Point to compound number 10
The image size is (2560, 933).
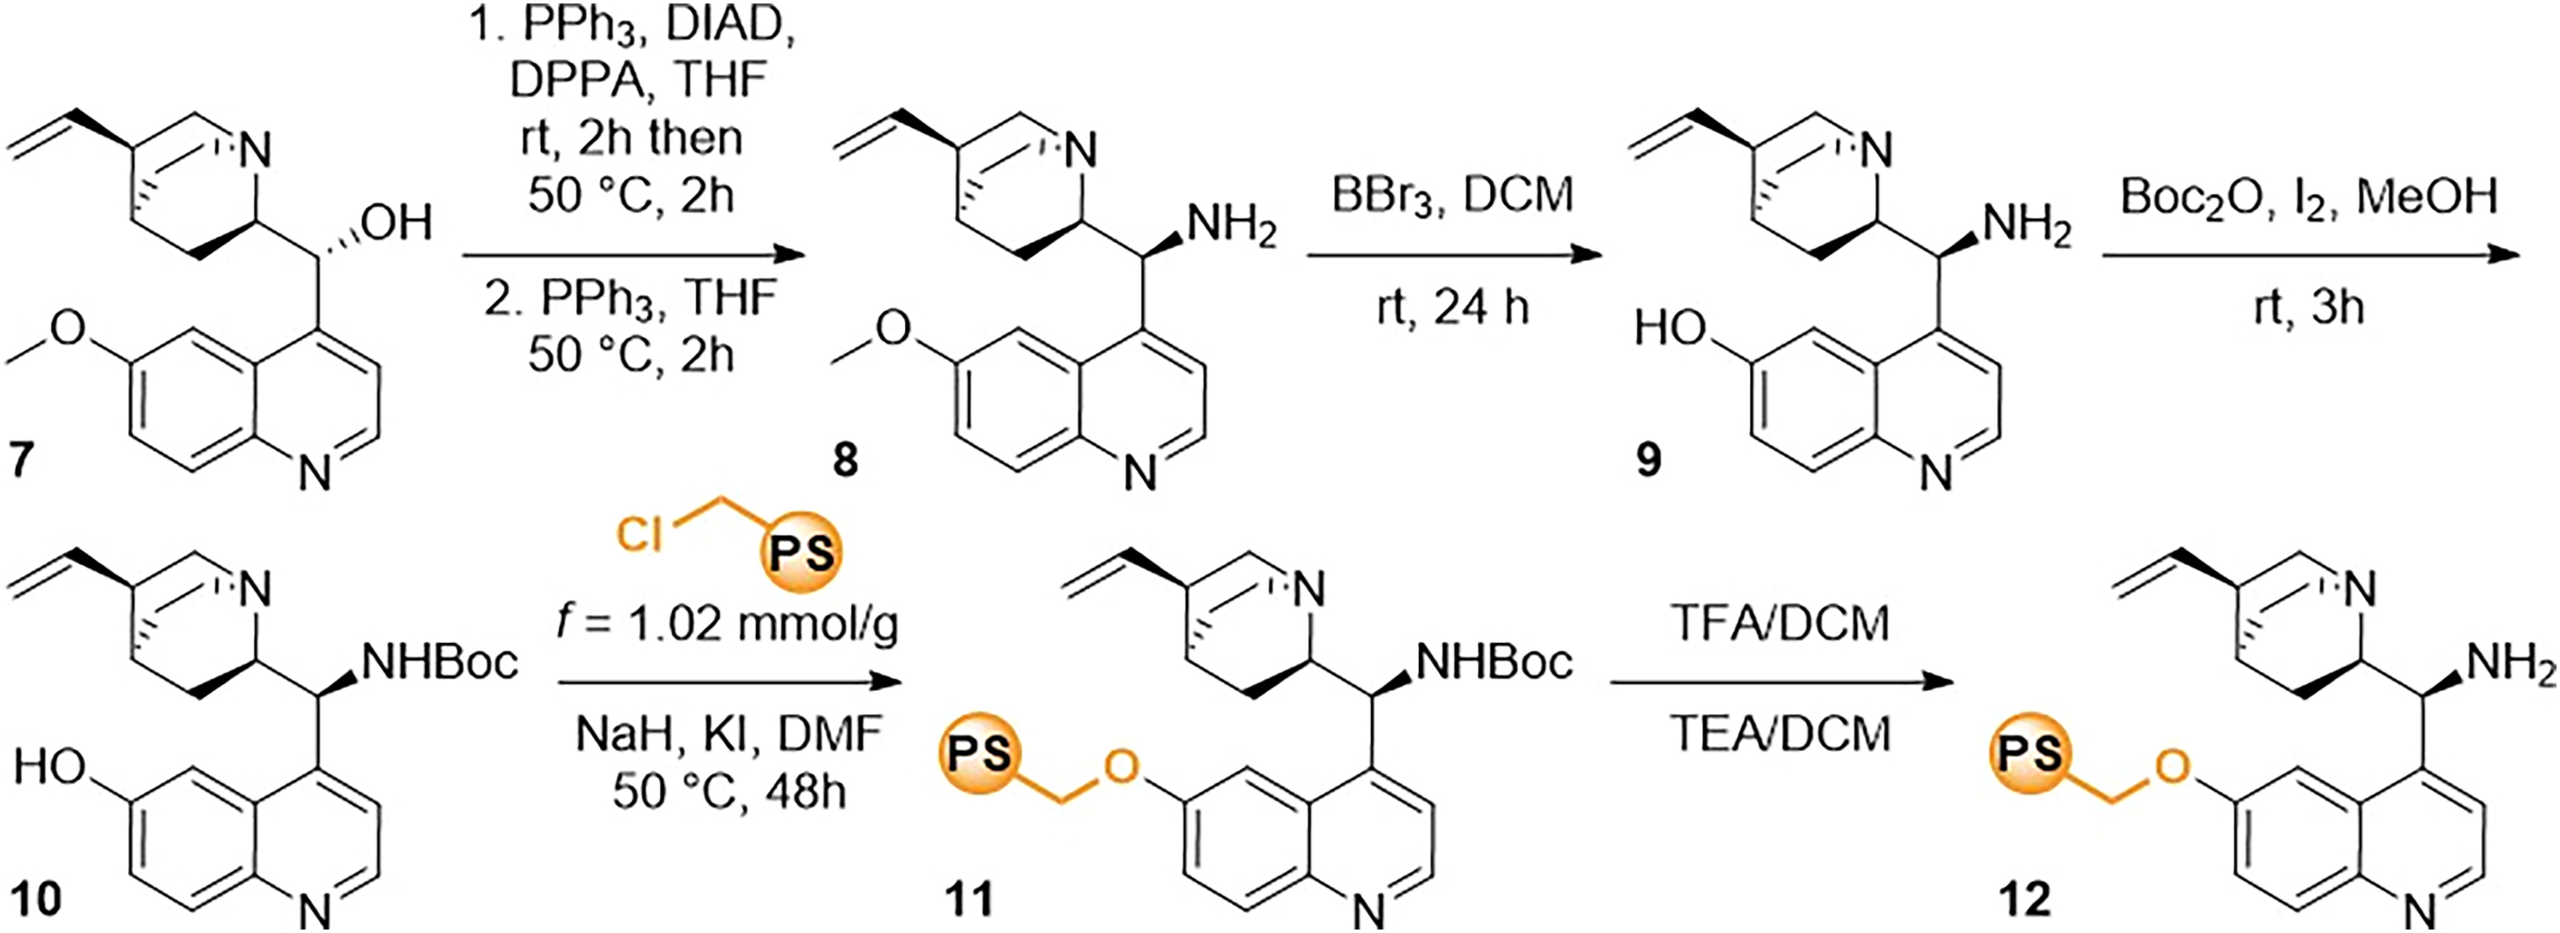[34, 900]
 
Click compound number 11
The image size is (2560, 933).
[969, 900]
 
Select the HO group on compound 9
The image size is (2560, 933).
[1670, 327]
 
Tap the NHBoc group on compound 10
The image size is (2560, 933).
[440, 660]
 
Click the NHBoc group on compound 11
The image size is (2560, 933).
[1494, 660]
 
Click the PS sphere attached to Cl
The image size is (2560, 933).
[800, 552]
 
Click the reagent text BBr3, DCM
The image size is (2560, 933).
[1453, 195]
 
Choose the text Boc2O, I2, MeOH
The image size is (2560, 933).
[2307, 197]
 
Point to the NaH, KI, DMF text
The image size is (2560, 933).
[728, 735]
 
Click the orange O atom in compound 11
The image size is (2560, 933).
[1120, 767]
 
